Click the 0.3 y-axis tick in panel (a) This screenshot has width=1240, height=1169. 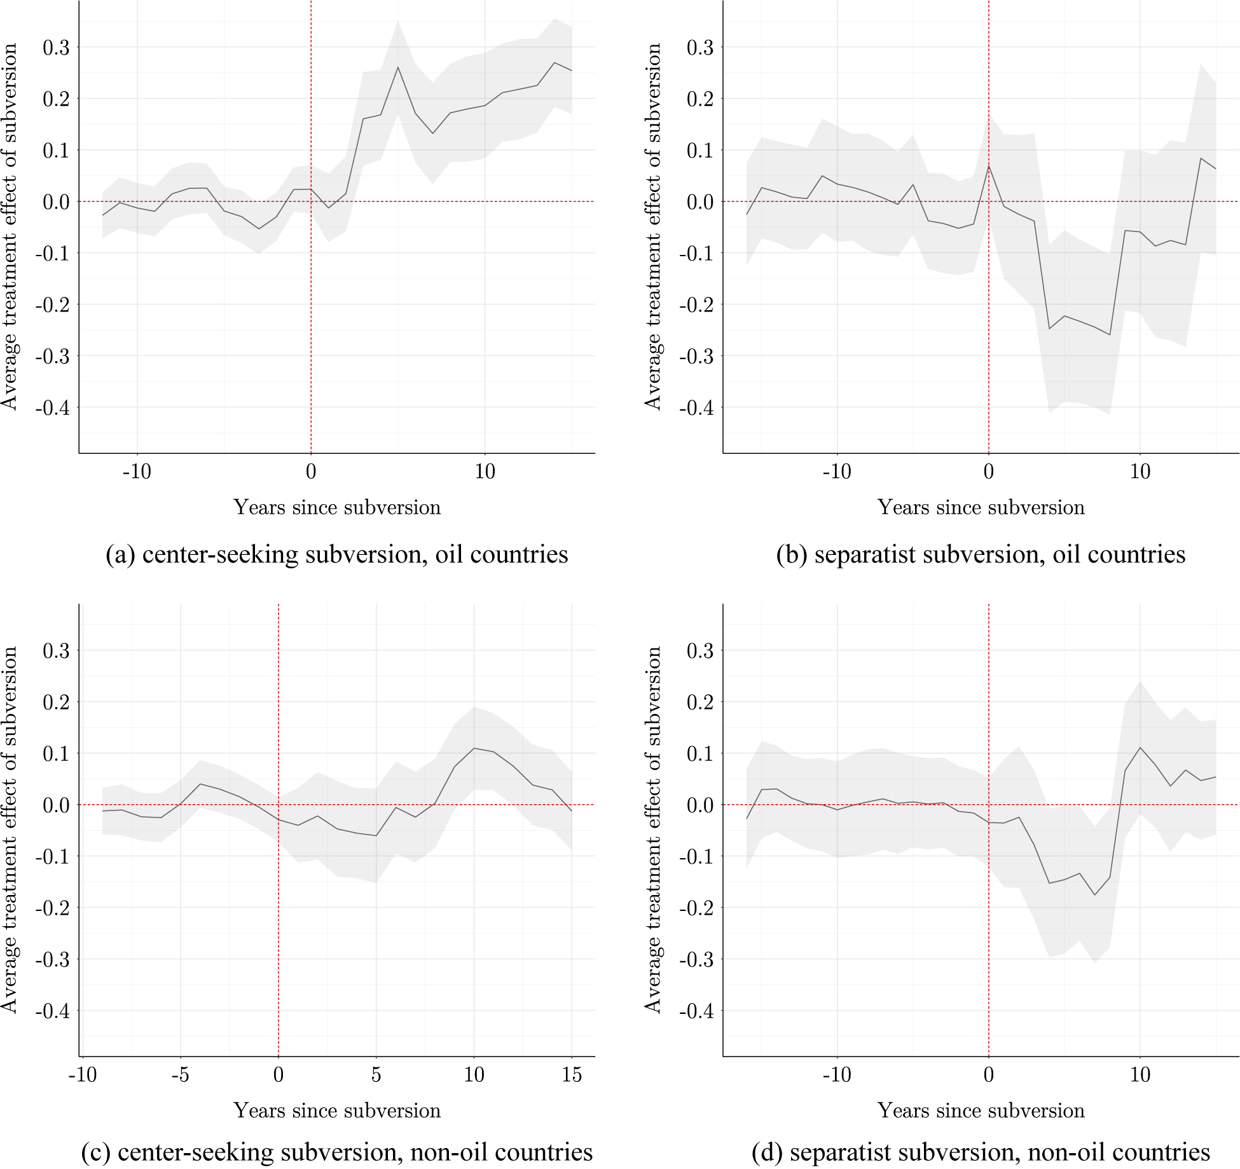pyautogui.click(x=56, y=48)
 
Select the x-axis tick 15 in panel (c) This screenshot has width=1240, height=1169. pyautogui.click(x=572, y=1075)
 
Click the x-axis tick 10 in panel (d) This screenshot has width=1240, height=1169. pyautogui.click(x=1140, y=1075)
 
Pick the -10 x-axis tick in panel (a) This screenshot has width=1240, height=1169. pyautogui.click(x=137, y=472)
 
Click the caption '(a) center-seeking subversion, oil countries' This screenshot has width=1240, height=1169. pyautogui.click(x=336, y=554)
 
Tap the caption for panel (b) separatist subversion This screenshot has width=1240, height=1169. pyautogui.click(x=981, y=554)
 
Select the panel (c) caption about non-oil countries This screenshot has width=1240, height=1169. pyautogui.click(x=336, y=1151)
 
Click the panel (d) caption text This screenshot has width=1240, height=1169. pyautogui.click(x=981, y=1151)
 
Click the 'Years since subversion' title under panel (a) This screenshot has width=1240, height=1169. pyautogui.click(x=336, y=507)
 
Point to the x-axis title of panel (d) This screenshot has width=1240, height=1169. pyautogui.click(x=981, y=1111)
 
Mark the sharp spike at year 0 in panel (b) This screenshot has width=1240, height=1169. pyautogui.click(x=988, y=166)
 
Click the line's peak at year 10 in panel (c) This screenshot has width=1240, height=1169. pyautogui.click(x=474, y=748)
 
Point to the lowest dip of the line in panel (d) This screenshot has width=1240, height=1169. pyautogui.click(x=1095, y=895)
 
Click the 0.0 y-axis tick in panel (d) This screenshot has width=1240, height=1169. pyautogui.click(x=699, y=805)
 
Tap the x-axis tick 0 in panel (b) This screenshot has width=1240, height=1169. pyautogui.click(x=988, y=472)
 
